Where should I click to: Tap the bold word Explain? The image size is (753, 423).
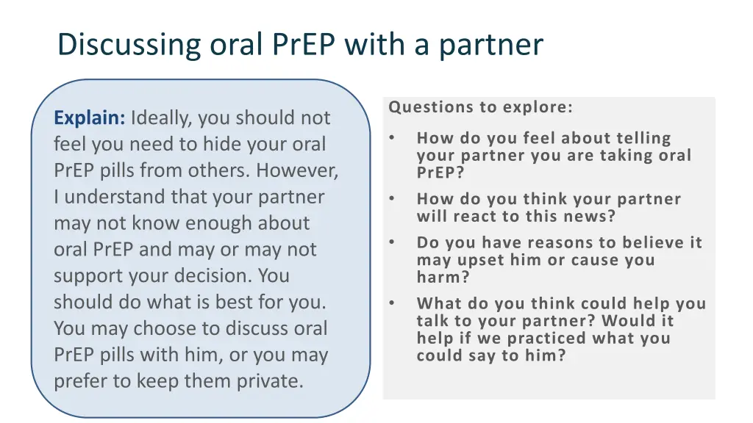pos(90,117)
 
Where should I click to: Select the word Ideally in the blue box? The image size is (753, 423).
pos(162,117)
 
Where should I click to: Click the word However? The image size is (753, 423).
pos(297,170)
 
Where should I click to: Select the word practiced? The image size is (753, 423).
pos(534,339)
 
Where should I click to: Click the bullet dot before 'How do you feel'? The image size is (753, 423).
pos(393,138)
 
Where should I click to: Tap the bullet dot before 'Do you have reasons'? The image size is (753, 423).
pos(393,242)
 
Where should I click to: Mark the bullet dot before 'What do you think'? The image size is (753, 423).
pos(393,303)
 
